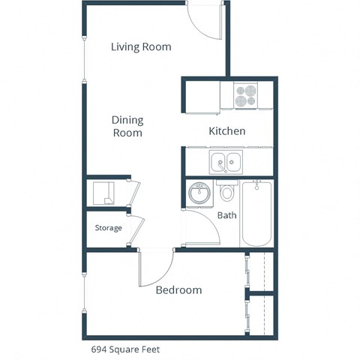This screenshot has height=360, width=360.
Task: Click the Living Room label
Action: pyautogui.click(x=141, y=47)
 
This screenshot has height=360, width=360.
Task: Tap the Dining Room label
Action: pyautogui.click(x=127, y=127)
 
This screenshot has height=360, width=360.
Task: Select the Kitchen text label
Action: pyautogui.click(x=226, y=131)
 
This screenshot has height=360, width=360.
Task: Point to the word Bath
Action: pyautogui.click(x=226, y=215)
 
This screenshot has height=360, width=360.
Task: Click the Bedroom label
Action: pyautogui.click(x=178, y=290)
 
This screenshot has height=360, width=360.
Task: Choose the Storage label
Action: pyautogui.click(x=108, y=228)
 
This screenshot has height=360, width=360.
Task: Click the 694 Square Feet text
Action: pyautogui.click(x=125, y=349)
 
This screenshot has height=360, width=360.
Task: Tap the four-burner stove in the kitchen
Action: pyautogui.click(x=244, y=96)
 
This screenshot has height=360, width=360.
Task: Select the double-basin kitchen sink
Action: pyautogui.click(x=225, y=161)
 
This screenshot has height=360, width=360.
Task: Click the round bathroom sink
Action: pyautogui.click(x=199, y=193)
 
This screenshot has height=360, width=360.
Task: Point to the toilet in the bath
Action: pyautogui.click(x=228, y=193)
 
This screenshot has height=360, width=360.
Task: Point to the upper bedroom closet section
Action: pyautogui.click(x=259, y=271)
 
